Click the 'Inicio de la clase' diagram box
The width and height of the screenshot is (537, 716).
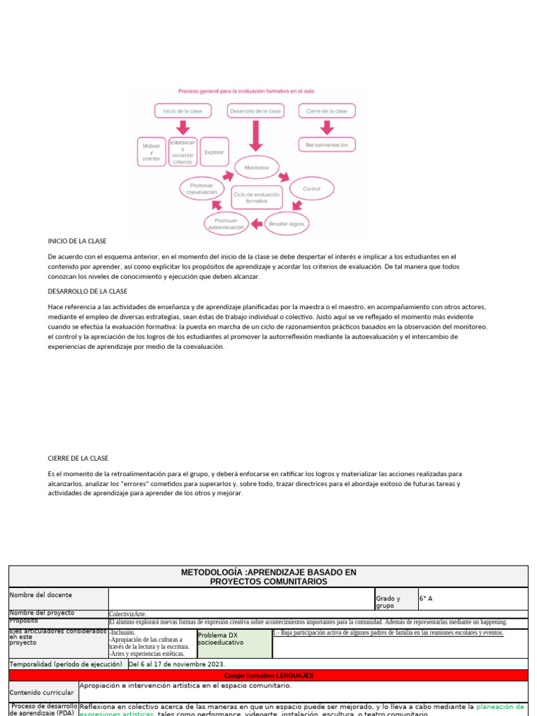pyautogui.click(x=182, y=110)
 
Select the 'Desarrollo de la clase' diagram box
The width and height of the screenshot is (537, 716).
pyautogui.click(x=255, y=110)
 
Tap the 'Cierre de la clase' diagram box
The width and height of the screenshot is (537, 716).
pyautogui.click(x=327, y=110)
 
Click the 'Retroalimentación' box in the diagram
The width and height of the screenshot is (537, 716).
pyautogui.click(x=327, y=145)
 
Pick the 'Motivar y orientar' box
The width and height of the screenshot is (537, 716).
pyautogui.click(x=151, y=152)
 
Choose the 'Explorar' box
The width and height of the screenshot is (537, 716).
pyautogui.click(x=214, y=152)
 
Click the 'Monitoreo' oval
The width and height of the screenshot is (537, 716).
pyautogui.click(x=256, y=168)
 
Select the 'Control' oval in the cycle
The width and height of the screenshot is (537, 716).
pyautogui.click(x=311, y=189)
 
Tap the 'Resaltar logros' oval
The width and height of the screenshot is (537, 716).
pyautogui.click(x=287, y=224)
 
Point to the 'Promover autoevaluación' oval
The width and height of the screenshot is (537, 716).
pyautogui.click(x=226, y=224)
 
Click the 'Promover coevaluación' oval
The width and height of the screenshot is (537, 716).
pyautogui.click(x=203, y=189)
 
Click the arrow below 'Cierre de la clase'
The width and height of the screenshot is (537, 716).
pyautogui.click(x=326, y=127)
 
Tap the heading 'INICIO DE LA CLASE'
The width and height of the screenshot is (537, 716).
pyautogui.click(x=77, y=241)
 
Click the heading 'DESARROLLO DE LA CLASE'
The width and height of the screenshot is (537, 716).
pyautogui.click(x=87, y=291)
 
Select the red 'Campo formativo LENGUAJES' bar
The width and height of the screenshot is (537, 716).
pyautogui.click(x=268, y=675)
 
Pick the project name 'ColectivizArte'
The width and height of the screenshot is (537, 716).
pyautogui.click(x=128, y=614)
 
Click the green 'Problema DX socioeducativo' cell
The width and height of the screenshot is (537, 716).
pyautogui.click(x=234, y=643)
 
